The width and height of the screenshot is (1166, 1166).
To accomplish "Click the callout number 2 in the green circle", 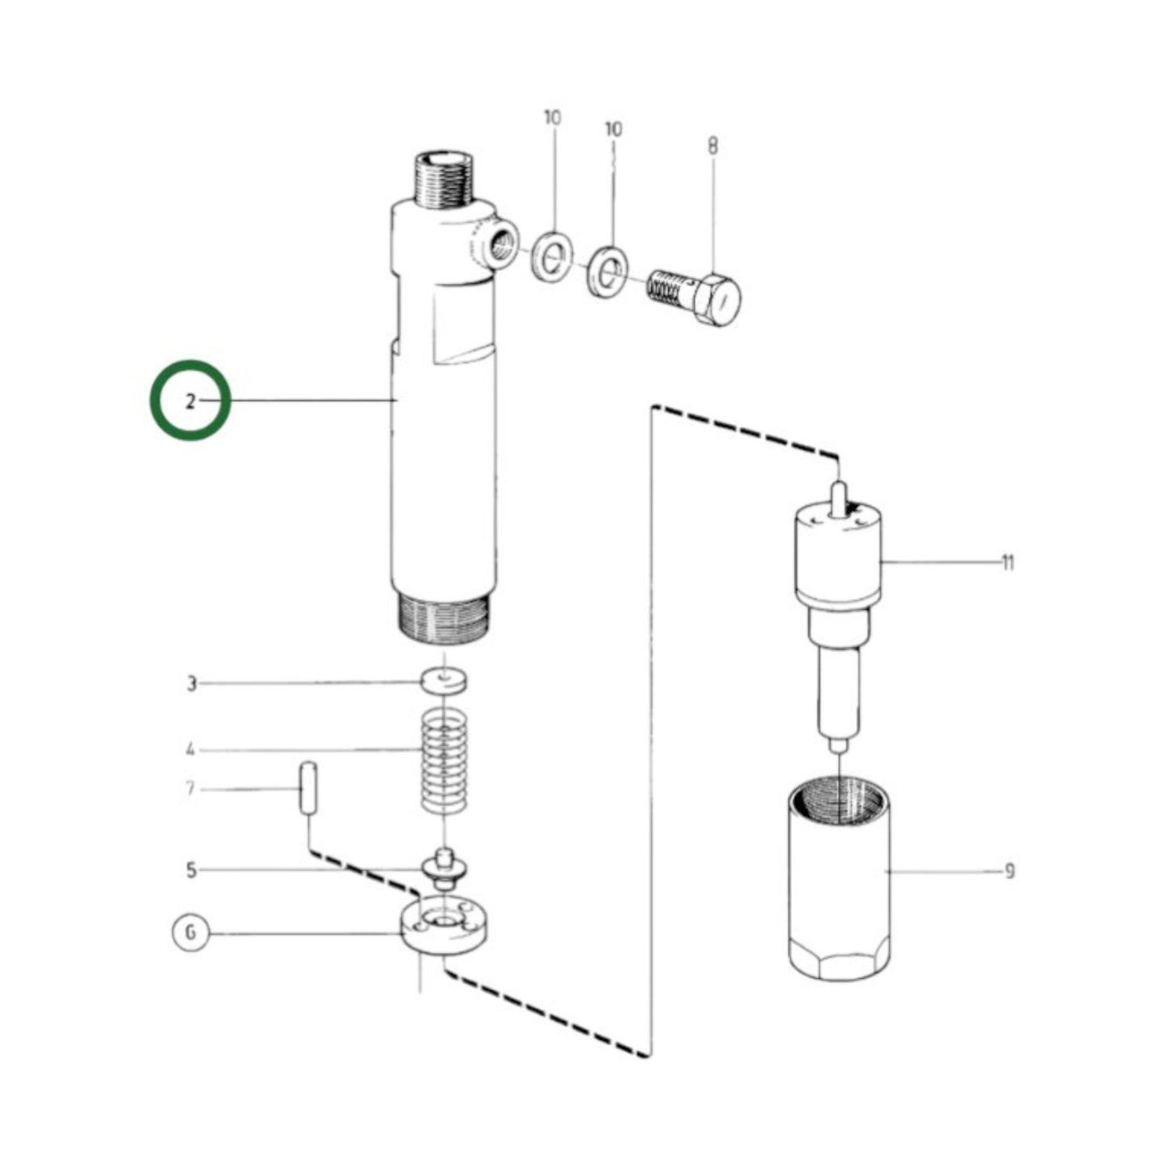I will tap(190, 401).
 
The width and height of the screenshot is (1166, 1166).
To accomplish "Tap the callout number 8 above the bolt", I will tap(713, 147).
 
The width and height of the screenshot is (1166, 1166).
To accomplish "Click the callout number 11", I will tap(1007, 562).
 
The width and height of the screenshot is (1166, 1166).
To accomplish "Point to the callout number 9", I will tap(1009, 871).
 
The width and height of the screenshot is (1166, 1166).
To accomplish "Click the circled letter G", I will tap(190, 934).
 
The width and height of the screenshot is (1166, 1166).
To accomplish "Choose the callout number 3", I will tap(191, 684).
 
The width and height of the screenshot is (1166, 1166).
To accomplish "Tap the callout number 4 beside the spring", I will tap(190, 750).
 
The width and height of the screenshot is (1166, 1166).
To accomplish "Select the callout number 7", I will tap(190, 788).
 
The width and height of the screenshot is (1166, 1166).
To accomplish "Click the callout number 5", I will tap(191, 871).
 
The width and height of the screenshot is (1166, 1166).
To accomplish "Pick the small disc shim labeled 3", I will tap(445, 681).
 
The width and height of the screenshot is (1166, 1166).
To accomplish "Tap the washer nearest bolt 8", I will tap(606, 271).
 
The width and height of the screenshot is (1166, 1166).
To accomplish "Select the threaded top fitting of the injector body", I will tap(442, 178).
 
